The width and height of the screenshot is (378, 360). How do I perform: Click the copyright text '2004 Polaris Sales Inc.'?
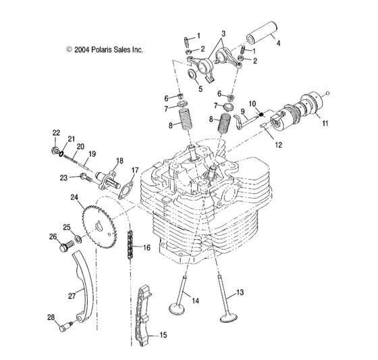pos(105,49)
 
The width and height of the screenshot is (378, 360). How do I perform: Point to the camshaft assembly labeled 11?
pos(298,115)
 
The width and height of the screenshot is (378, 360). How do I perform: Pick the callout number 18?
pos(119,160)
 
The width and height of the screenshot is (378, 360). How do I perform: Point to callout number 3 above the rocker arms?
pos(223,33)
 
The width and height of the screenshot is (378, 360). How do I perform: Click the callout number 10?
pos(253,103)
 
